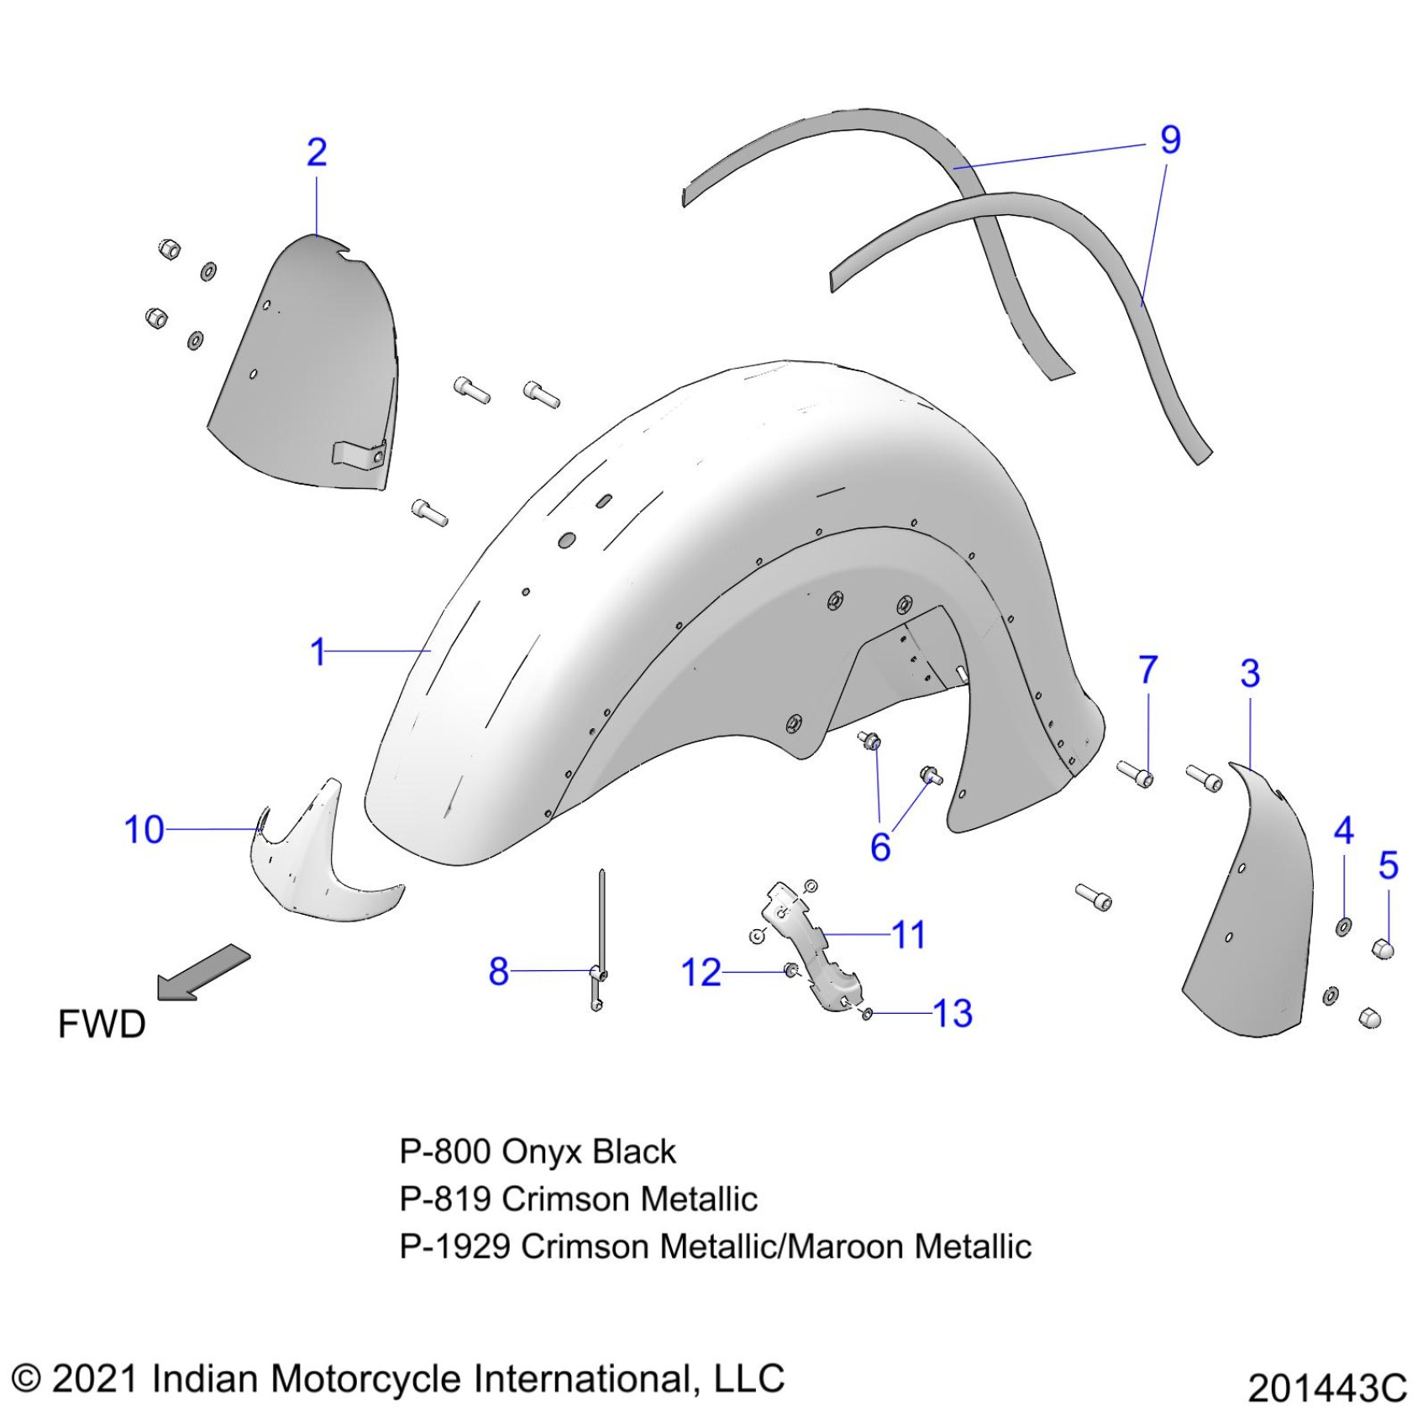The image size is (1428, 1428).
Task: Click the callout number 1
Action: tap(318, 652)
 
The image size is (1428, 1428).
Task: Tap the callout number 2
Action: tap(317, 152)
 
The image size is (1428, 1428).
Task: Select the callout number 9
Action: tap(1170, 139)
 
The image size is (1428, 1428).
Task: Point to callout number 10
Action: tap(144, 830)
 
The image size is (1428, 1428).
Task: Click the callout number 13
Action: tap(953, 1014)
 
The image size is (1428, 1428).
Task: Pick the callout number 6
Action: tap(880, 848)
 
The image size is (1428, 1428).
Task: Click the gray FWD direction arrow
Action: tap(203, 972)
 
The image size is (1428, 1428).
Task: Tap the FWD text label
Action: tap(102, 1025)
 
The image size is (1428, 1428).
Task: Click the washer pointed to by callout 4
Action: tap(1343, 927)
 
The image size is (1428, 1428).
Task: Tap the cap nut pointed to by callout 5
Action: tap(1383, 949)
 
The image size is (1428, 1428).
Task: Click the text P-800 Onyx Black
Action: tap(537, 1152)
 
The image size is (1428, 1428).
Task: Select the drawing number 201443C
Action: tap(1326, 1389)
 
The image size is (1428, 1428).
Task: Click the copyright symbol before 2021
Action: tap(26, 1379)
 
